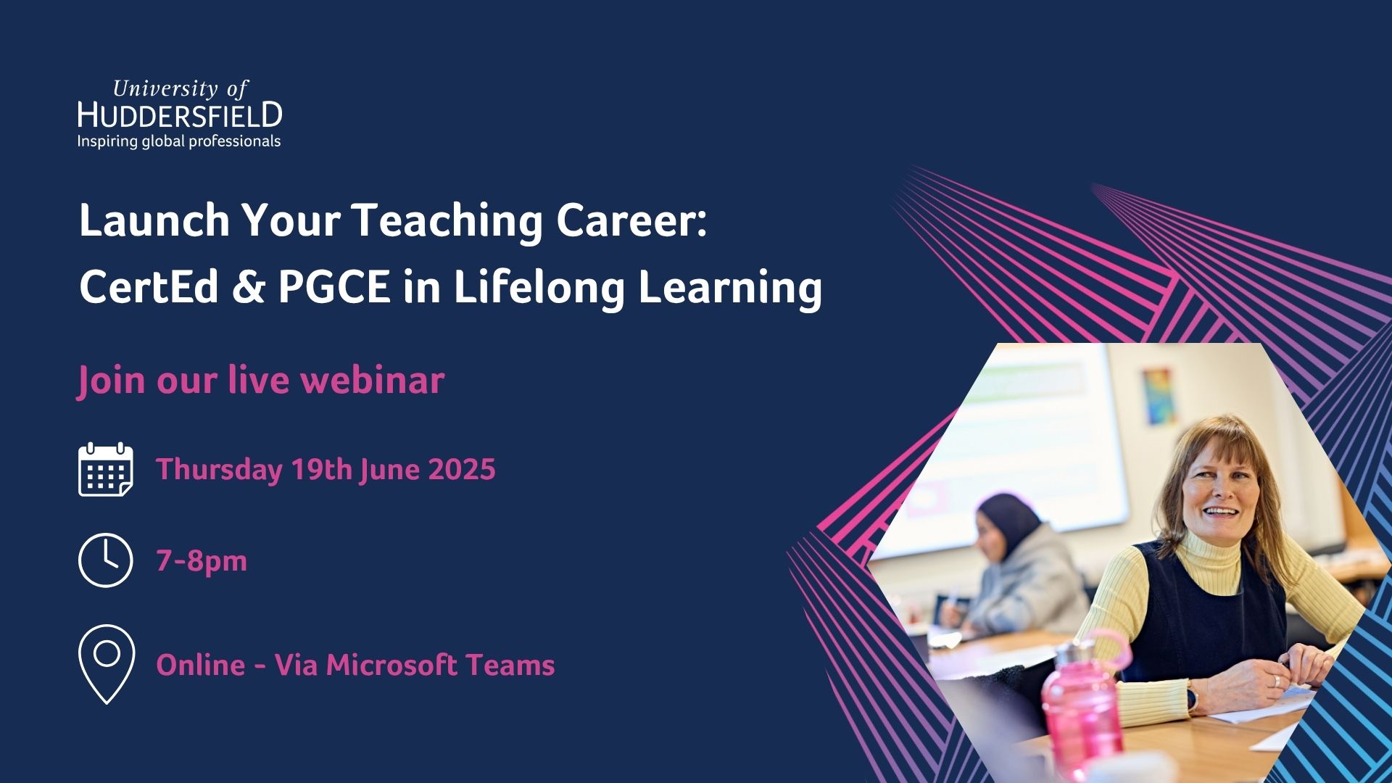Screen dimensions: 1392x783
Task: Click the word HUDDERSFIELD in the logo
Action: click(180, 115)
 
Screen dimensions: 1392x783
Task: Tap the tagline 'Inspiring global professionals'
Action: click(179, 141)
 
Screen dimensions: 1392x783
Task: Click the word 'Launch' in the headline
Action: click(154, 220)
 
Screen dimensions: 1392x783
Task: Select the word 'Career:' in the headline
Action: click(631, 220)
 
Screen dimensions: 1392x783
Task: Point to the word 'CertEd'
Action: click(149, 286)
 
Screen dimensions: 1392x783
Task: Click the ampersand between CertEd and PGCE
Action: click(249, 287)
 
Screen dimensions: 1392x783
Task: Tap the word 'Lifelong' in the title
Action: click(539, 289)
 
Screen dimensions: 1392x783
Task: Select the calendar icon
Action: click(106, 470)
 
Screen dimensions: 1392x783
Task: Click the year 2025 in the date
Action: click(461, 469)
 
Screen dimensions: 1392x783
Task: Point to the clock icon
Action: click(106, 560)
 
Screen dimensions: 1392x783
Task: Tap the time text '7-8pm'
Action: click(202, 561)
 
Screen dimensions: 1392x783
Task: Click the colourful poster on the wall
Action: click(1157, 396)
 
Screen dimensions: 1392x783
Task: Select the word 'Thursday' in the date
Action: click(219, 470)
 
